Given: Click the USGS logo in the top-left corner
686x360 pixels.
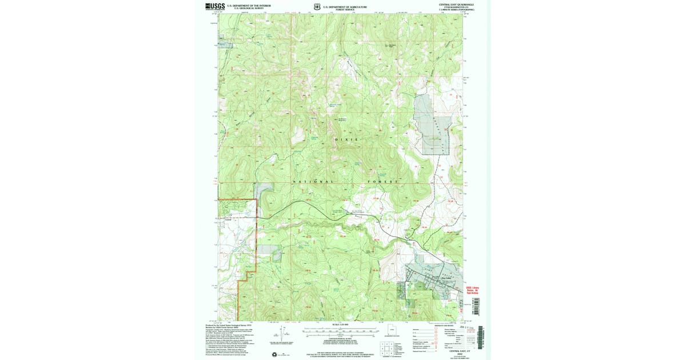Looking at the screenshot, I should point(216,6).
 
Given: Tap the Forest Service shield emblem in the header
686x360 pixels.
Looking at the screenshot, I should point(317,7).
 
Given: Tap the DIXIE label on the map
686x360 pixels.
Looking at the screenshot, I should point(345,139).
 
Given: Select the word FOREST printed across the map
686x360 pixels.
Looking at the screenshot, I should point(384,182).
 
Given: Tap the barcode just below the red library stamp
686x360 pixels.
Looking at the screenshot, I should point(472,309).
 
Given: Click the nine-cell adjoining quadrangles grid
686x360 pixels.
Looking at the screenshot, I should point(386,346).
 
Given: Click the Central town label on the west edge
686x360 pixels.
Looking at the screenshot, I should point(228,218).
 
